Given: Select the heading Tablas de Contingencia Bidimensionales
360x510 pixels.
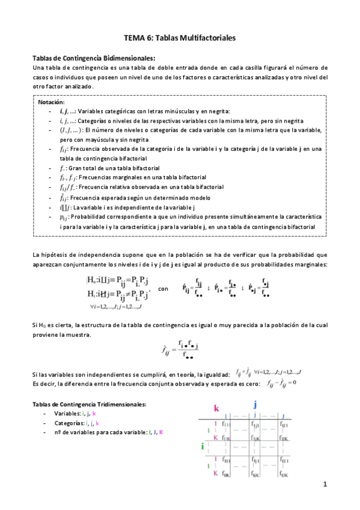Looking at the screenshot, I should pyautogui.click(x=94, y=58).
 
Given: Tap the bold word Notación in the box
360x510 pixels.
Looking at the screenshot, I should pyautogui.click(x=51, y=102).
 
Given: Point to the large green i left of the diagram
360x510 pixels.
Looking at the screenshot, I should pyautogui.click(x=202, y=446).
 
